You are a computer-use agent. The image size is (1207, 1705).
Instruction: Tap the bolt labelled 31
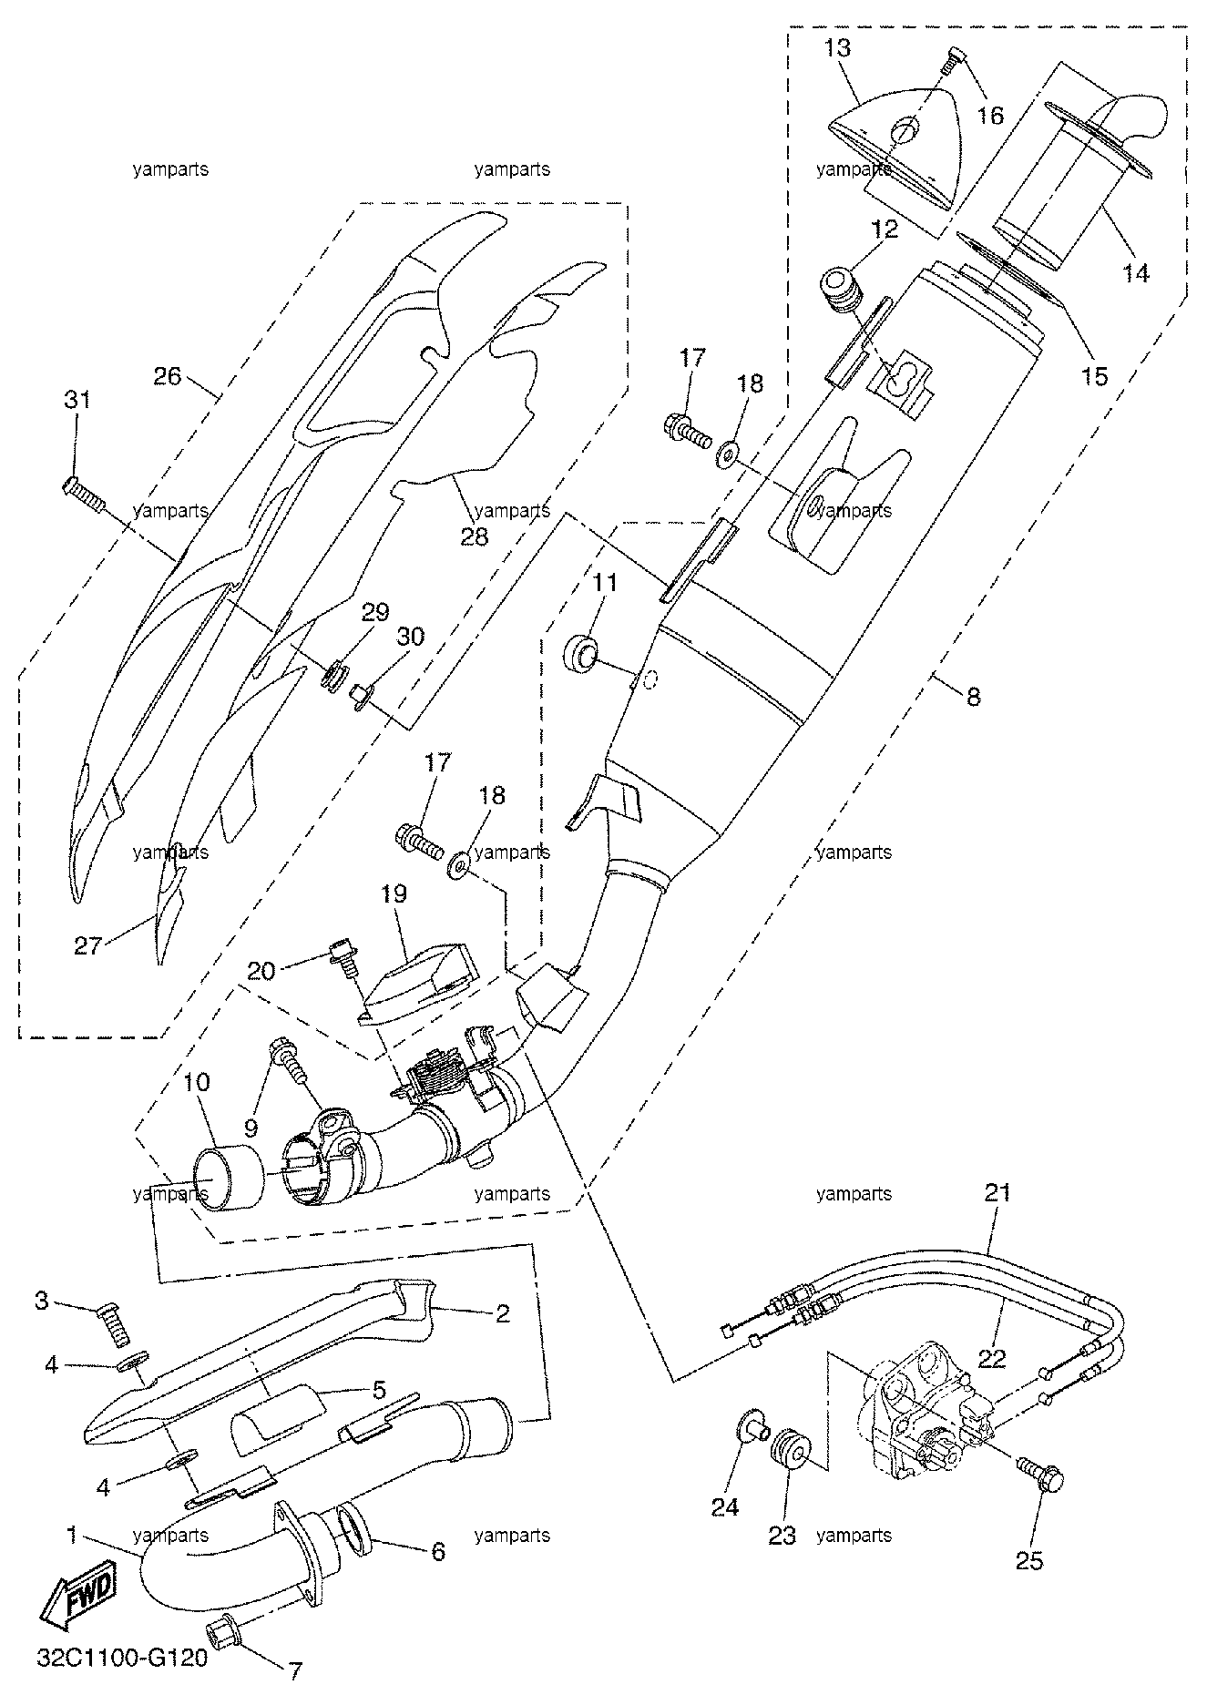pos(84,494)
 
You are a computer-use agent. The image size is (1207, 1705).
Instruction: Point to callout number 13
pos(837,47)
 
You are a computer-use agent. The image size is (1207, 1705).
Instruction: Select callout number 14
pos(1136,271)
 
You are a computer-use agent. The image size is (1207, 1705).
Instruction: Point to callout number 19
pos(393,893)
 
